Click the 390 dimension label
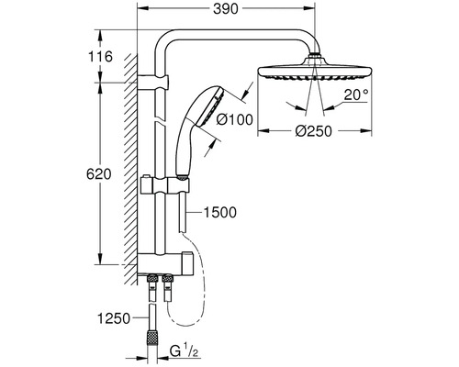click(x=226, y=9)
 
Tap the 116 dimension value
click(x=100, y=57)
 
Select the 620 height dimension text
click(x=98, y=174)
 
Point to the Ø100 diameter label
click(x=235, y=119)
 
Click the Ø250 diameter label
click(x=314, y=131)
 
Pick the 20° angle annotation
click(x=356, y=95)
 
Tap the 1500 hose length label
click(x=220, y=212)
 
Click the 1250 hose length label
click(x=114, y=318)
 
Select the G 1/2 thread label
click(x=185, y=352)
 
